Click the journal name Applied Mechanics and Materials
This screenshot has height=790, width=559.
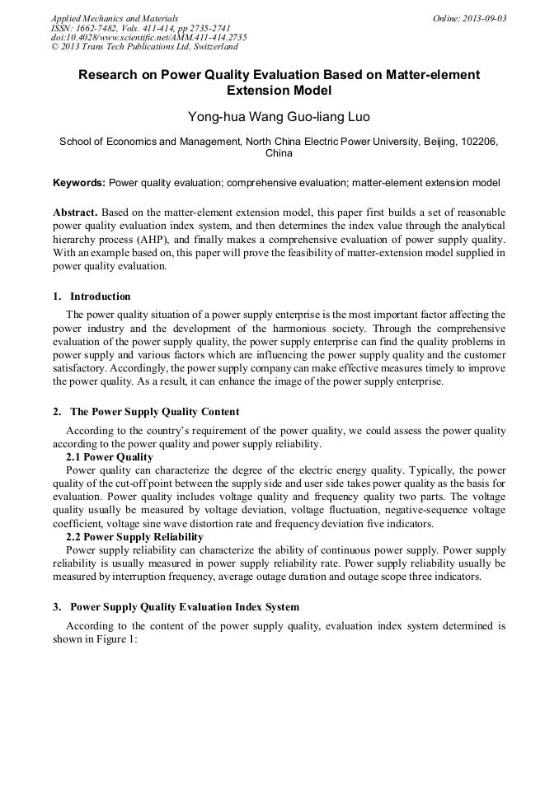[x=114, y=17]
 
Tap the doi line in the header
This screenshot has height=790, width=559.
[x=148, y=37]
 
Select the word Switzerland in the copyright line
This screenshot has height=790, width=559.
[x=209, y=47]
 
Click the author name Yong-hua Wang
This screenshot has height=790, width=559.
[x=234, y=117]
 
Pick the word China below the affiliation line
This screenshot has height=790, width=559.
[x=279, y=153]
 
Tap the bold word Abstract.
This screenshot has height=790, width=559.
[x=77, y=213]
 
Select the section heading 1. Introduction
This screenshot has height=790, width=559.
[x=92, y=297]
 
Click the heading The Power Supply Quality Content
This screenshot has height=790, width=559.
[x=154, y=412]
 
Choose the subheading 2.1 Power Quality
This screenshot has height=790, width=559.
[x=109, y=457]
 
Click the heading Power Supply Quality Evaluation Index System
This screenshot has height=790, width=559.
[x=184, y=607]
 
